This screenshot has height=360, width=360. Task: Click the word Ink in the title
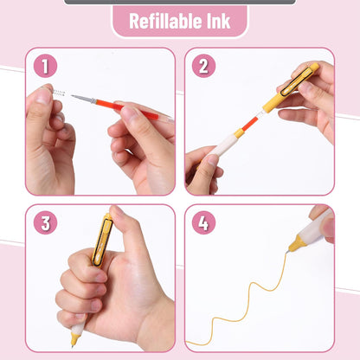pyautogui.click(x=215, y=22)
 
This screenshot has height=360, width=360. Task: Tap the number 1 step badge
pyautogui.click(x=45, y=66)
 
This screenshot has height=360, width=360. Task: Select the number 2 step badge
pyautogui.click(x=203, y=66)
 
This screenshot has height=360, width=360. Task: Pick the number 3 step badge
pyautogui.click(x=45, y=222)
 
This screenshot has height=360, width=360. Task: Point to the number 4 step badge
pyautogui.click(x=203, y=222)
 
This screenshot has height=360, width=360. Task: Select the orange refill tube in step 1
pyautogui.click(x=130, y=111)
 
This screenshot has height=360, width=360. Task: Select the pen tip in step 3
pyautogui.click(x=75, y=341)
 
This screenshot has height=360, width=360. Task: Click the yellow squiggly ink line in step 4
pyautogui.click(x=251, y=294)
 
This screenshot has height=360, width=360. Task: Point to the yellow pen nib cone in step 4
pyautogui.click(x=296, y=245)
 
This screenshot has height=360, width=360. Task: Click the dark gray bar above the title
pyautogui.click(x=179, y=2)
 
